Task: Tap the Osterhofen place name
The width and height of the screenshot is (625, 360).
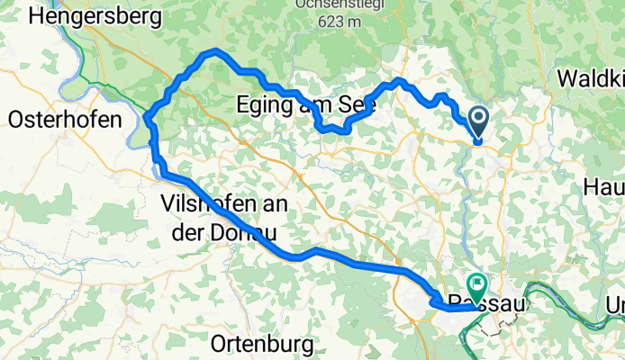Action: [64, 119]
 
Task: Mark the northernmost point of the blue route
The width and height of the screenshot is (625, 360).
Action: [214, 51]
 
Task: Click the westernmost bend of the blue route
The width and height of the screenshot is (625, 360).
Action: [147, 118]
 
